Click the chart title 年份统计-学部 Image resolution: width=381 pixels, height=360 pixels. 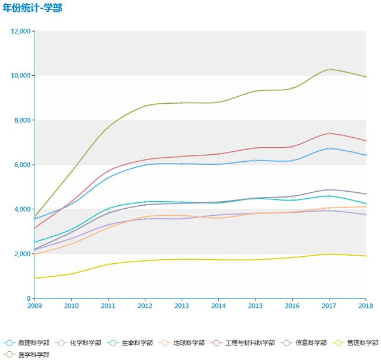[x=32, y=8]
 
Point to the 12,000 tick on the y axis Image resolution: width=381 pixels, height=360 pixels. [x=21, y=31]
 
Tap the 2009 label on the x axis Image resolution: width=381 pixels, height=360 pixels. [x=35, y=305]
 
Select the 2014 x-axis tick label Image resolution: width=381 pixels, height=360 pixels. [x=219, y=305]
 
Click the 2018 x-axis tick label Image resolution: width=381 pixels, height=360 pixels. [x=366, y=305]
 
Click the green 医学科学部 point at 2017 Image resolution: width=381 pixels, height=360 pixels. [x=329, y=70]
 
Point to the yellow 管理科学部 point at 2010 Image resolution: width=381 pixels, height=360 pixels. [x=72, y=274]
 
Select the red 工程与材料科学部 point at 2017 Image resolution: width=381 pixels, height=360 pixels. [x=329, y=134]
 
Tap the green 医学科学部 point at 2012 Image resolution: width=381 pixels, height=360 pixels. [x=145, y=106]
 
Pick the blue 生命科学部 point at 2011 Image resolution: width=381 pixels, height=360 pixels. [x=108, y=178]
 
